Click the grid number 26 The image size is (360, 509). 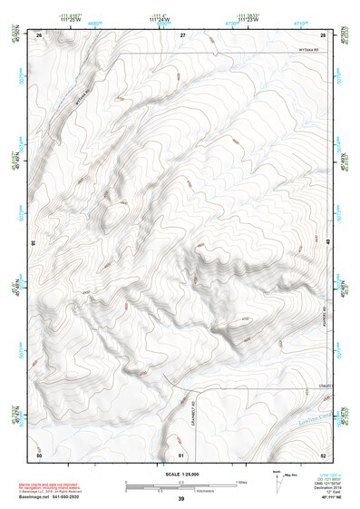tap(40, 34)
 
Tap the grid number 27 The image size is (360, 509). tap(182, 34)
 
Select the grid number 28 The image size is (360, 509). tap(323, 34)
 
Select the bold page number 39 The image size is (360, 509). tap(180, 499)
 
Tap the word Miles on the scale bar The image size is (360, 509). tap(242, 482)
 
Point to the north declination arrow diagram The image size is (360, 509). tap(276, 478)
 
